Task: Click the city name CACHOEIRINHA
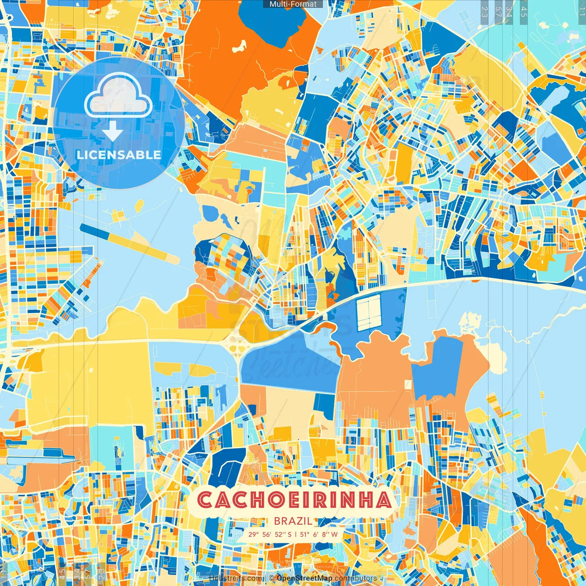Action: (x=294, y=500)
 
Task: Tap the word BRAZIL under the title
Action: (x=293, y=521)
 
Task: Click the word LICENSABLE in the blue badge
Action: (x=119, y=155)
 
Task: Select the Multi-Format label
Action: (x=293, y=4)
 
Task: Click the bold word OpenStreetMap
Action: (x=304, y=578)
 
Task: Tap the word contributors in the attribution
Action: (x=356, y=578)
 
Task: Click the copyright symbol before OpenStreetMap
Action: (x=271, y=578)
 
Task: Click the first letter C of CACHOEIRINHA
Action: (x=204, y=500)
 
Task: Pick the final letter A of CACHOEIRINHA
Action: (x=384, y=500)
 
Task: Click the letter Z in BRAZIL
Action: (x=300, y=521)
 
